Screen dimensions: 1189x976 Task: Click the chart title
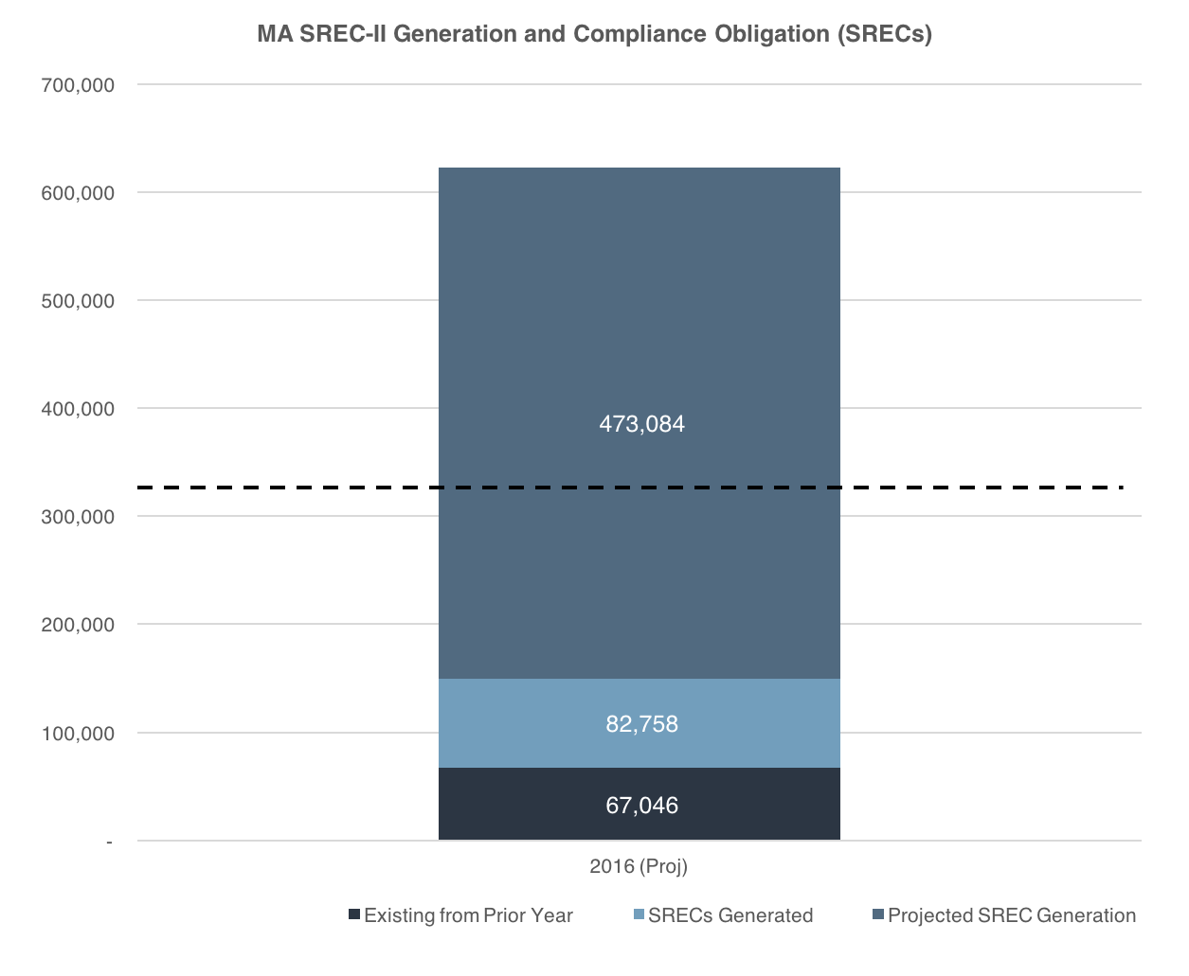594,34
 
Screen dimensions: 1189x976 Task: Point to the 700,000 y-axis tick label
78,85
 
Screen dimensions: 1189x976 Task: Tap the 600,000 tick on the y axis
78,193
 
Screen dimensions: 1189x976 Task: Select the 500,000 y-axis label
78,301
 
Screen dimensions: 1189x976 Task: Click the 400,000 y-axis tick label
78,409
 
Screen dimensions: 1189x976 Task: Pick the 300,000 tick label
78,517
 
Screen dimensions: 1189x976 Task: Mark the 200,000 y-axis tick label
78,625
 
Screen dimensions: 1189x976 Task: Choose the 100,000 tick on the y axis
78,734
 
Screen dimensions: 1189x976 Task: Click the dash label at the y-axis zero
109,843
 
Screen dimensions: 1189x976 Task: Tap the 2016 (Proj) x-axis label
639,866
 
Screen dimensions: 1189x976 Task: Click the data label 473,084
641,424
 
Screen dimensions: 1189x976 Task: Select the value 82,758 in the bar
641,724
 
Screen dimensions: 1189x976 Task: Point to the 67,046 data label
641,806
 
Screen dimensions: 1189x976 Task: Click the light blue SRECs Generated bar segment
640,723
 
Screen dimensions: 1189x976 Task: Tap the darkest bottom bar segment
640,804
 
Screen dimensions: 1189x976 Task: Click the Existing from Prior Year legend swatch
354,914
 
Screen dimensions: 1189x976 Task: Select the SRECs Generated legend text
730,915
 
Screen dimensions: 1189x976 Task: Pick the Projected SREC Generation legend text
1012,915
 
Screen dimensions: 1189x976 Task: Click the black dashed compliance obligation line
630,488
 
